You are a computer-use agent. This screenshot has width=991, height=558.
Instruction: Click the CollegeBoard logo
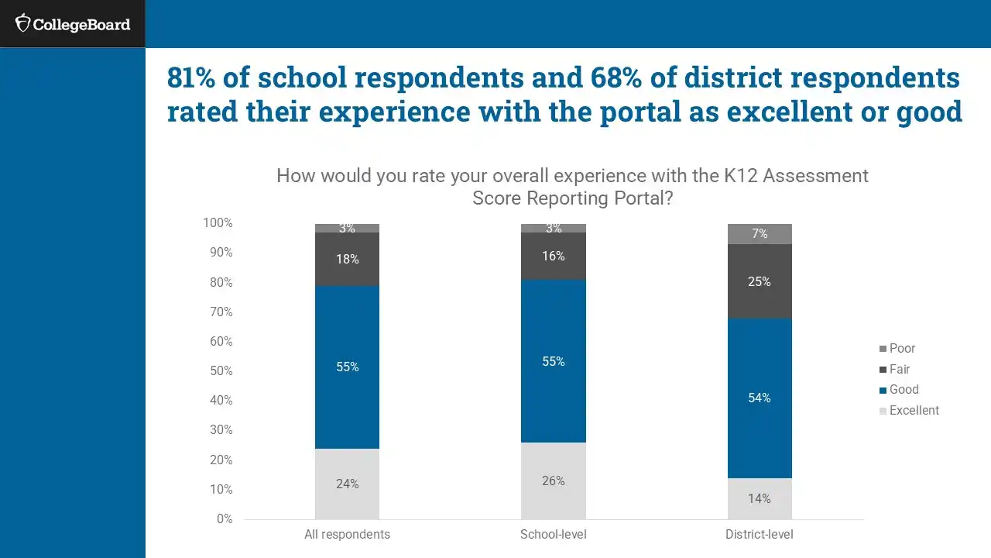[73, 24]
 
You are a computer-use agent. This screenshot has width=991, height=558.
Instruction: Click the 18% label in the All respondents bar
[347, 260]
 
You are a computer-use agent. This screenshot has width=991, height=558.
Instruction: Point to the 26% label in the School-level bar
[554, 480]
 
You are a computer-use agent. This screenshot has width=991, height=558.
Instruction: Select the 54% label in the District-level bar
[760, 398]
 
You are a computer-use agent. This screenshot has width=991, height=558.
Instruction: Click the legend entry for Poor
[902, 349]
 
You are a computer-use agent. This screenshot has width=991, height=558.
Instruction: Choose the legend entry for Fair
[899, 370]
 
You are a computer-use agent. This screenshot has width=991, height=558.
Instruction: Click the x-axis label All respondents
[347, 535]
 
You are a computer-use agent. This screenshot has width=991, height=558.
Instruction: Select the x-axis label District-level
[760, 535]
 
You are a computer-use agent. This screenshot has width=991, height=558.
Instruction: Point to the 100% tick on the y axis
[218, 223]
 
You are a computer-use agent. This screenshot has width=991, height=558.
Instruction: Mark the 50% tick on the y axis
[220, 371]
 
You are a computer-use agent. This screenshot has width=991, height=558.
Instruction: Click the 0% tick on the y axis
[224, 519]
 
